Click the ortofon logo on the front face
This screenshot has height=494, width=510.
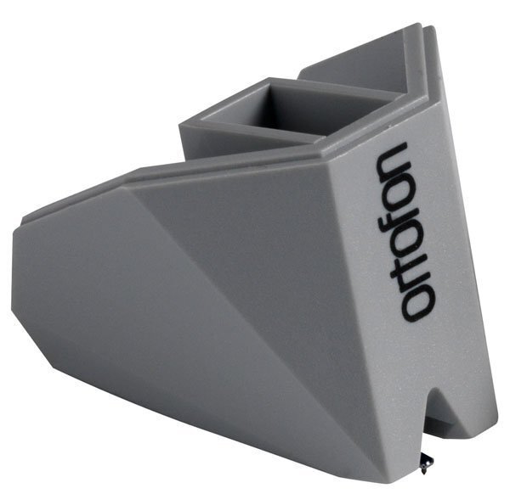(x=405, y=231)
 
